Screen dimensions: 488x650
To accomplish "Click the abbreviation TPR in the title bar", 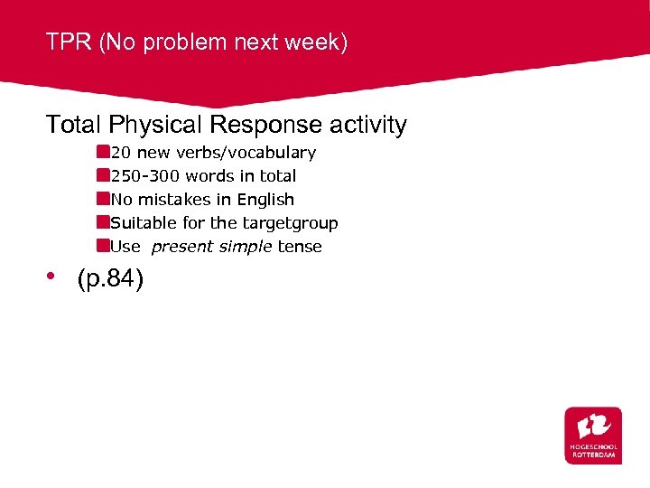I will coord(69,42).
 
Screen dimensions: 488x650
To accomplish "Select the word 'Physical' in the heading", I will coord(146,125).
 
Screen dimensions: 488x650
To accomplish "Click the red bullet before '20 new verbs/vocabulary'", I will coord(104,152).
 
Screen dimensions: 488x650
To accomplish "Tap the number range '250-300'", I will coord(145,176).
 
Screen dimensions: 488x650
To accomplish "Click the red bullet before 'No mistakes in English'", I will coord(104,199).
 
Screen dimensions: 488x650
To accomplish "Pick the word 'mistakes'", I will coord(172,200).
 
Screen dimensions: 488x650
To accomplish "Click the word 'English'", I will coord(265,200).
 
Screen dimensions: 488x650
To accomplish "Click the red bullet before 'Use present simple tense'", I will coord(104,246).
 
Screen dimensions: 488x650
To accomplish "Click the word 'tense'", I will coord(300,247).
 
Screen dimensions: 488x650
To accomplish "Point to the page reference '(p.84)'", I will coord(110,280).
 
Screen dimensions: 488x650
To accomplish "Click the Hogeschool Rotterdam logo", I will coord(593,435).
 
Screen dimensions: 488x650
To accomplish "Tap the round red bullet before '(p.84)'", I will coord(53,277).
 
